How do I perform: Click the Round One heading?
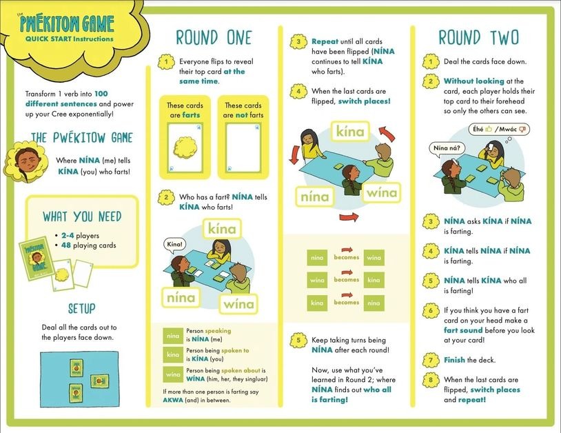point(214,37)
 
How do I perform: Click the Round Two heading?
point(479,37)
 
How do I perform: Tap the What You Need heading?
point(82,216)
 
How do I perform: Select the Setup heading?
point(82,308)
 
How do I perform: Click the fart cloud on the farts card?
point(185,148)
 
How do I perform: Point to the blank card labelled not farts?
point(243,148)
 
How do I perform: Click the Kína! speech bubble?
point(174,245)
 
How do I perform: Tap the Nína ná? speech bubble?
point(447,149)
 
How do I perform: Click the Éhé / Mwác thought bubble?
point(499,130)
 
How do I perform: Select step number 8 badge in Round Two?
point(431,380)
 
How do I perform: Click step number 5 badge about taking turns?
point(298,340)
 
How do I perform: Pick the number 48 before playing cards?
point(66,245)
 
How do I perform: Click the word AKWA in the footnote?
point(173,400)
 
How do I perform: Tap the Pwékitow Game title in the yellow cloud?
point(67,23)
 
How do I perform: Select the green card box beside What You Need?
point(36,258)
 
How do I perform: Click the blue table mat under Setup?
point(79,379)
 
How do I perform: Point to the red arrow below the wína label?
point(349,216)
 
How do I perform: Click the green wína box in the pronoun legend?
point(173,374)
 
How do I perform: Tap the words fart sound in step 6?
point(463,330)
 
